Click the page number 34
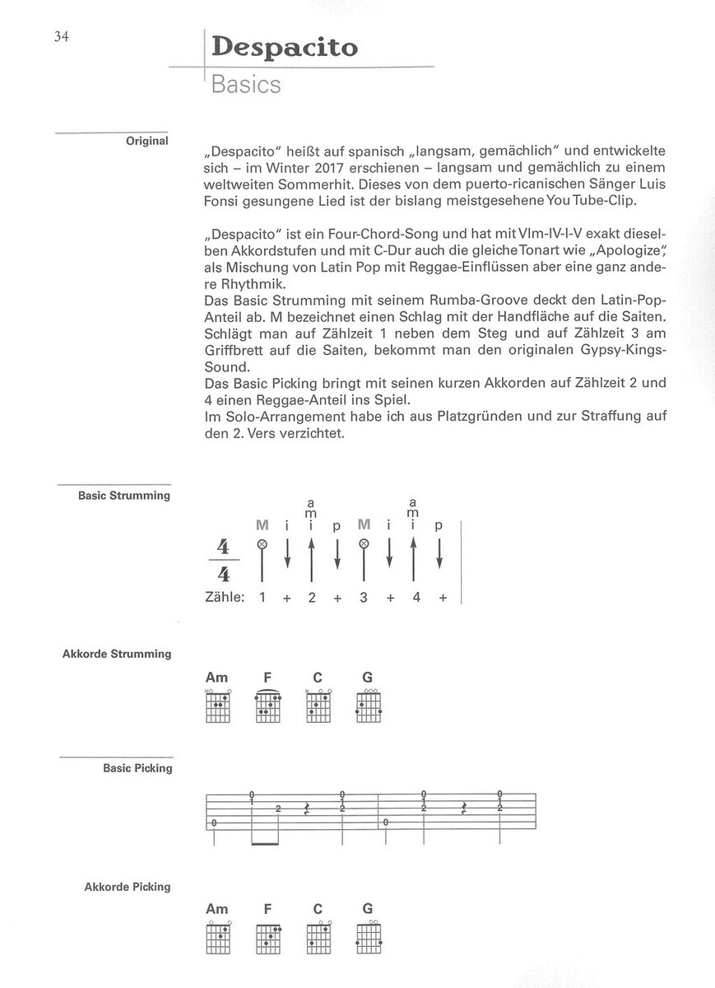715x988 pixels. click(60, 36)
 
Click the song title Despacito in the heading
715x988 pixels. click(285, 47)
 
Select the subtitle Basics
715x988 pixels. click(245, 85)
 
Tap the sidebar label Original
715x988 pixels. click(147, 141)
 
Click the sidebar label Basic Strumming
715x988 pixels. click(124, 496)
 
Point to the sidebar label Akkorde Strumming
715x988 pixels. click(117, 654)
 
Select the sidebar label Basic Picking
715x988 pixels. click(137, 768)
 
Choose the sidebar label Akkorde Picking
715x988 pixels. click(128, 887)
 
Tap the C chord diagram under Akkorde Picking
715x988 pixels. click(318, 936)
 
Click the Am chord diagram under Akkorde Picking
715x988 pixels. click(217, 936)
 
